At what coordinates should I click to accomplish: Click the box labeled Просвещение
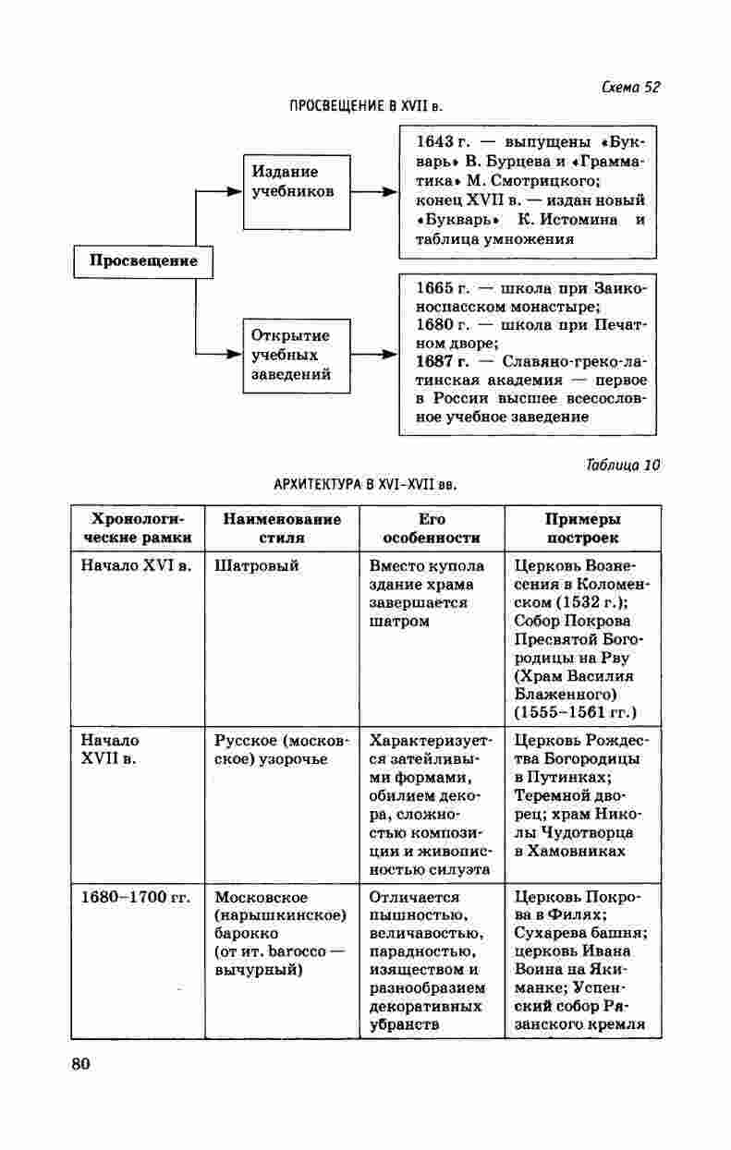tap(143, 261)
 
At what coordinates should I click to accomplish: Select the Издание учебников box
tap(296, 192)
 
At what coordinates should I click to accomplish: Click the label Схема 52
tap(631, 88)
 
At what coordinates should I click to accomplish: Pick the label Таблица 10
tap(623, 465)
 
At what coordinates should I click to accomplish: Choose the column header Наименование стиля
tap(282, 528)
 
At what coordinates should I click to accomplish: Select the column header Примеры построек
tap(582, 528)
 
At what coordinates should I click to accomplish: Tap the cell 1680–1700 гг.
tap(135, 897)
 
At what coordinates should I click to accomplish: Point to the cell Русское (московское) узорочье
tap(282, 749)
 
